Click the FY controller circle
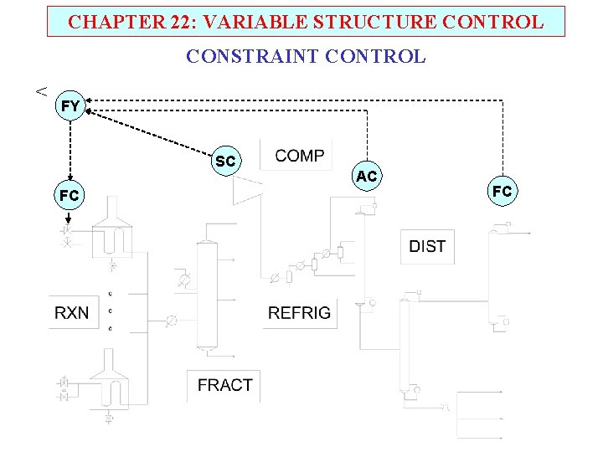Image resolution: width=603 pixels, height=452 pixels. tap(70, 105)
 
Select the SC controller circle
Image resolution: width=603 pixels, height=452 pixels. tap(225, 161)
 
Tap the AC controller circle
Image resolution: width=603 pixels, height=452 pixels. tap(367, 176)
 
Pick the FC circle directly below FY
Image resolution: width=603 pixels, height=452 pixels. tap(70, 195)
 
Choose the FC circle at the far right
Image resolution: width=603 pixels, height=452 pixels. tap(502, 191)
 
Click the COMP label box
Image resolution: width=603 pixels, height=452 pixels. tap(299, 156)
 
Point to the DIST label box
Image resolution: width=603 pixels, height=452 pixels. tap(427, 246)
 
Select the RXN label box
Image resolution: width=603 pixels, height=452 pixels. tap(71, 313)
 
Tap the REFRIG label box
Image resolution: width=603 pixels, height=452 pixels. tap(299, 313)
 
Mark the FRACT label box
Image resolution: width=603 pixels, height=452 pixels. tap(224, 385)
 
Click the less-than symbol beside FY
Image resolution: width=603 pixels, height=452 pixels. tap(39, 90)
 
